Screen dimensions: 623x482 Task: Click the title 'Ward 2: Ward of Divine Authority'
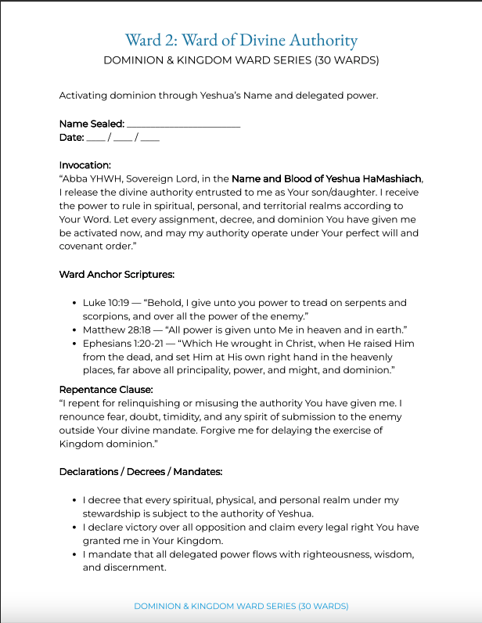pyautogui.click(x=241, y=41)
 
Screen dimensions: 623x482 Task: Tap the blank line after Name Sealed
pyautogui.click(x=183, y=124)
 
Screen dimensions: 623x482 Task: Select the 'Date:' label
pyautogui.click(x=71, y=138)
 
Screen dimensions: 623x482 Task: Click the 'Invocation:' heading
pyautogui.click(x=85, y=165)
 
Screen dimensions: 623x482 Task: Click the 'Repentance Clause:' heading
pyautogui.click(x=106, y=388)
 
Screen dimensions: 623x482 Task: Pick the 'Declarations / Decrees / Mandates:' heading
pyautogui.click(x=141, y=471)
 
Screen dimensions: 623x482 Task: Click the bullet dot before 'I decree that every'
pyautogui.click(x=73, y=500)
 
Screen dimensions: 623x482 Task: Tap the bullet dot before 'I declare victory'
pyautogui.click(x=73, y=528)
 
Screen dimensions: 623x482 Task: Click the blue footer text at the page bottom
pyautogui.click(x=241, y=607)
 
